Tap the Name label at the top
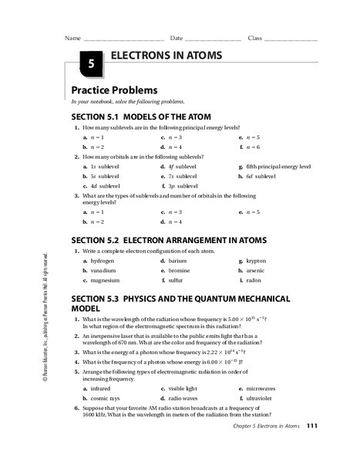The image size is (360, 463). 72,38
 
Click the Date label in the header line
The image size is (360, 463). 177,38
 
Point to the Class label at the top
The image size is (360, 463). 254,38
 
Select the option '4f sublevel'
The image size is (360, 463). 186,166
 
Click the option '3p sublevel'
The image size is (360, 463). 186,186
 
